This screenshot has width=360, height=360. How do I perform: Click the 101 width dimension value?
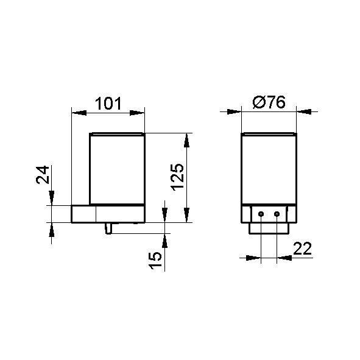click(x=108, y=104)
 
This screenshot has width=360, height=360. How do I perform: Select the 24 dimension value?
click(x=43, y=175)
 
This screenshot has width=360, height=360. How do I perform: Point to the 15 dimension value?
click(x=155, y=260)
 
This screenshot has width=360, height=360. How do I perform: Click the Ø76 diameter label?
click(x=269, y=102)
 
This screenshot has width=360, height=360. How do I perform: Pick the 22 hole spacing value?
click(x=302, y=248)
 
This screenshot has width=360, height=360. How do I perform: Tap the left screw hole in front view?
click(x=261, y=214)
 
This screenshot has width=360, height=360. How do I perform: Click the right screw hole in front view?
click(x=277, y=214)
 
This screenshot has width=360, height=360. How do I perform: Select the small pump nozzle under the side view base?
click(x=108, y=228)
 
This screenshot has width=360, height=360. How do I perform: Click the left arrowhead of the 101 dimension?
click(x=79, y=113)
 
